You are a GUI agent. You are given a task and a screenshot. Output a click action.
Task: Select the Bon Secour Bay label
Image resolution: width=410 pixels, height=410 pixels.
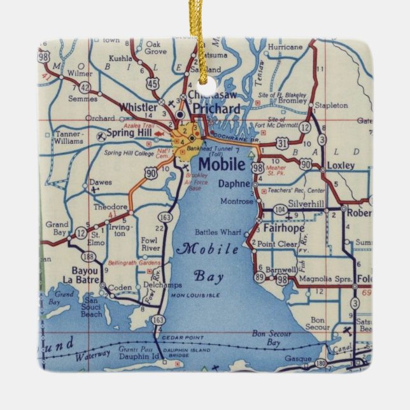[x=267, y=337]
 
